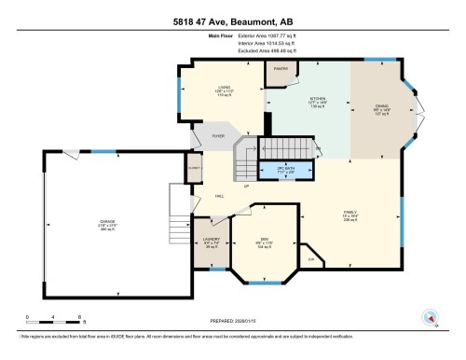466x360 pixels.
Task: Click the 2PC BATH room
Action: (286, 172)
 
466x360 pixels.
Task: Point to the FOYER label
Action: (219, 136)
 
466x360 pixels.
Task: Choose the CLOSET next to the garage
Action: (193, 170)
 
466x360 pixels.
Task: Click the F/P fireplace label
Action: (310, 259)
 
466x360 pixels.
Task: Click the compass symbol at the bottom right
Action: (430, 316)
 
